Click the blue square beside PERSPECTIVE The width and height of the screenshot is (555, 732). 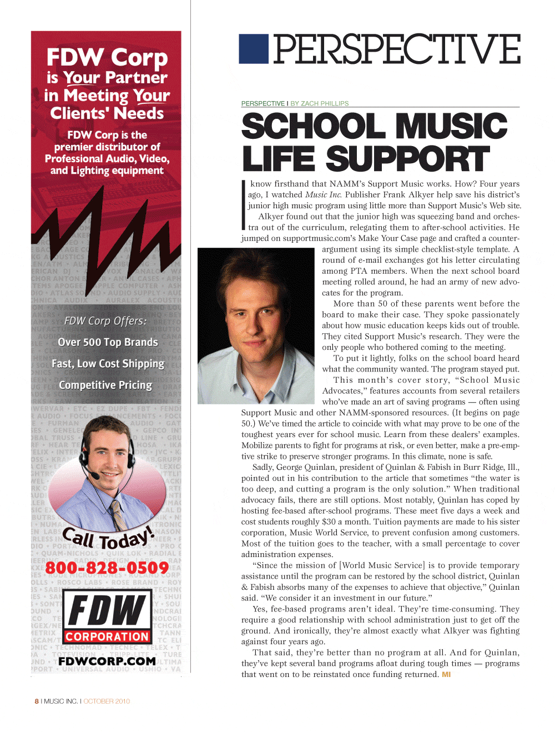(x=254, y=49)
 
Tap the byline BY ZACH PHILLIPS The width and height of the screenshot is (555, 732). (x=320, y=103)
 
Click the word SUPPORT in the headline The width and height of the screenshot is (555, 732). (x=407, y=159)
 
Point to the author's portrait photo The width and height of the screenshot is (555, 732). (x=256, y=325)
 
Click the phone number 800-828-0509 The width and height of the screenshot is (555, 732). (x=107, y=568)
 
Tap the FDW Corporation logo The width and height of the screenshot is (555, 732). (x=107, y=616)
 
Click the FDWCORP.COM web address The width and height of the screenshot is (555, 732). (x=107, y=661)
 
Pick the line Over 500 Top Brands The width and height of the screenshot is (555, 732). (x=108, y=342)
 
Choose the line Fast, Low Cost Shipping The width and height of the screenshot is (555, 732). (x=108, y=364)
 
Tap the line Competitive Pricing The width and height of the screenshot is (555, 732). (x=105, y=385)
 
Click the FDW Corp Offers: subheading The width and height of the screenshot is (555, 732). (x=105, y=321)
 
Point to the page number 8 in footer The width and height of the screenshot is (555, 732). (x=37, y=701)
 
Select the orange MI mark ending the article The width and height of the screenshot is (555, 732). (x=446, y=674)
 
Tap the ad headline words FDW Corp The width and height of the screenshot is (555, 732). (x=107, y=57)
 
